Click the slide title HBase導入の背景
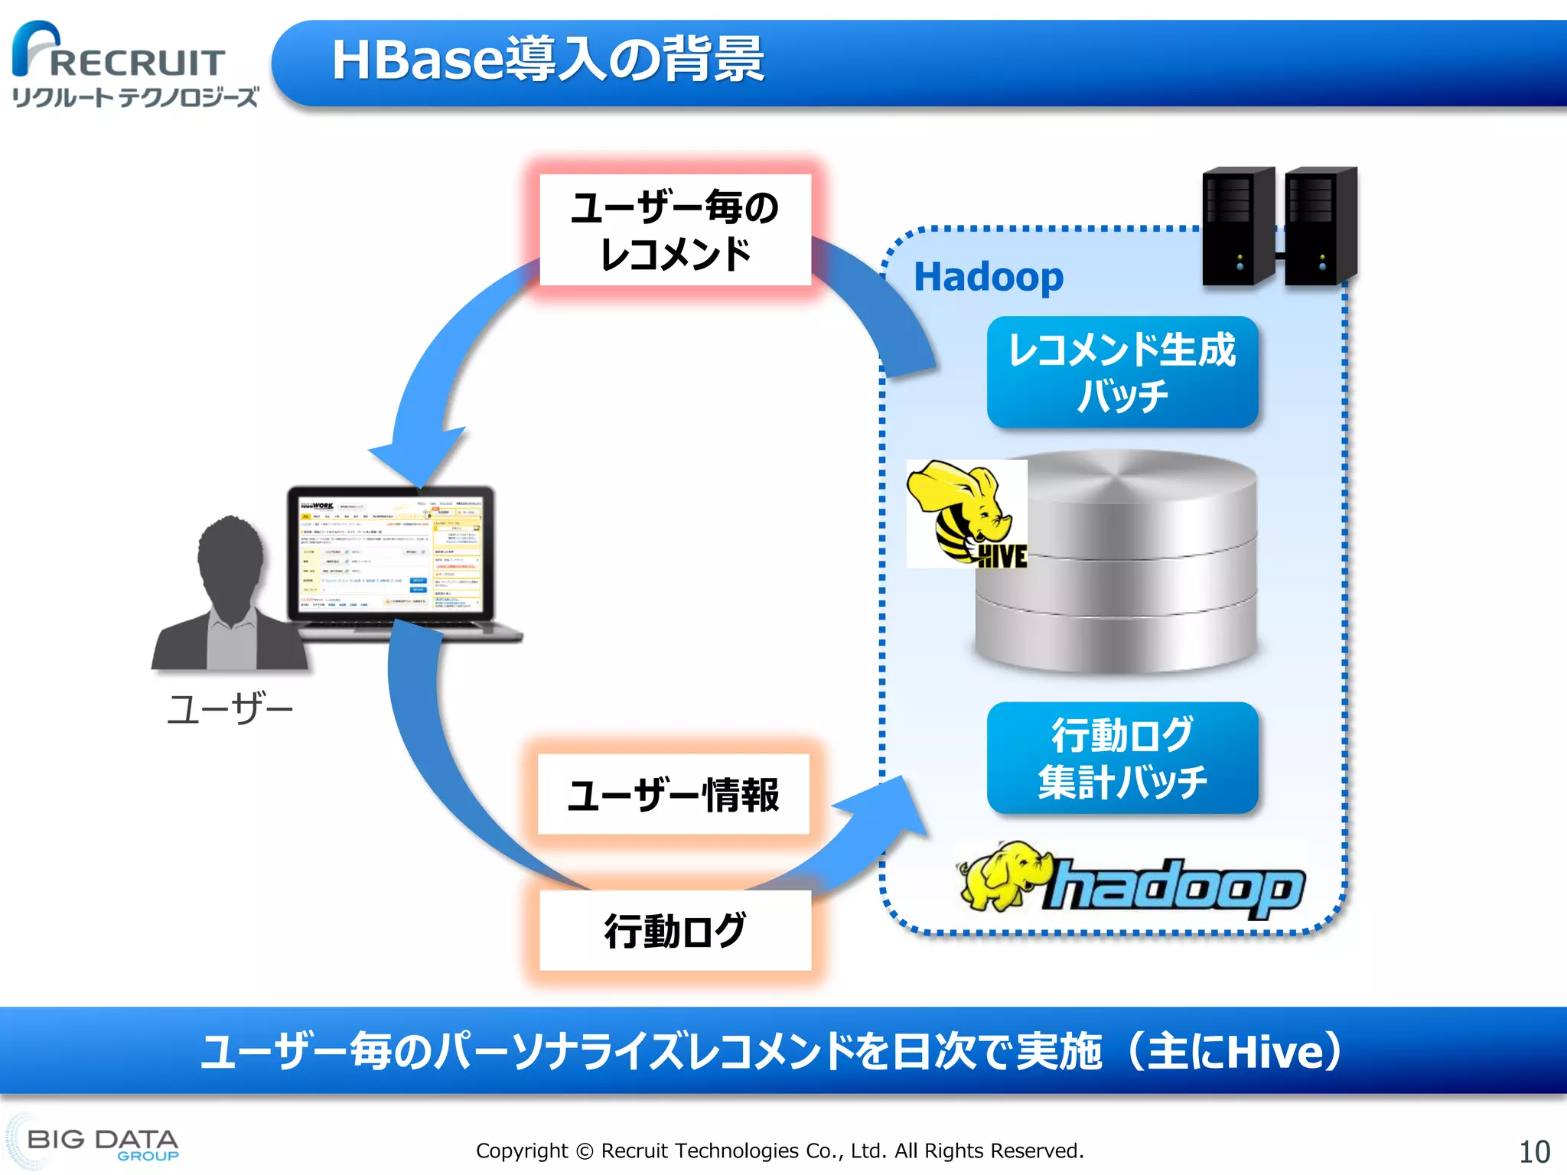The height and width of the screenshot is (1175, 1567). pyautogui.click(x=548, y=60)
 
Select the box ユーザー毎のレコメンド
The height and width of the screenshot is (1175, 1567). pyautogui.click(x=675, y=230)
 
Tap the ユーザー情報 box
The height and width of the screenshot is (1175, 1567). pyautogui.click(x=673, y=795)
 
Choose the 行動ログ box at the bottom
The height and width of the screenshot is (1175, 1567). pyautogui.click(x=675, y=930)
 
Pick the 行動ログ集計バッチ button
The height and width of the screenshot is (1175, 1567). pyautogui.click(x=1122, y=758)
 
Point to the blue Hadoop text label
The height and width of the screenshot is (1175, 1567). pyautogui.click(x=989, y=277)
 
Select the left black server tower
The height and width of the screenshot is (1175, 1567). pyautogui.click(x=1237, y=226)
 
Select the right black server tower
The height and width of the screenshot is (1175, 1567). pyautogui.click(x=1320, y=226)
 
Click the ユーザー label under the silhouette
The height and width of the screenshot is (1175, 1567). pyautogui.click(x=230, y=709)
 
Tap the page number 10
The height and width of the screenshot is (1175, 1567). pyautogui.click(x=1533, y=1151)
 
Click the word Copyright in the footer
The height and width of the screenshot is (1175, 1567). pyautogui.click(x=522, y=1151)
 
